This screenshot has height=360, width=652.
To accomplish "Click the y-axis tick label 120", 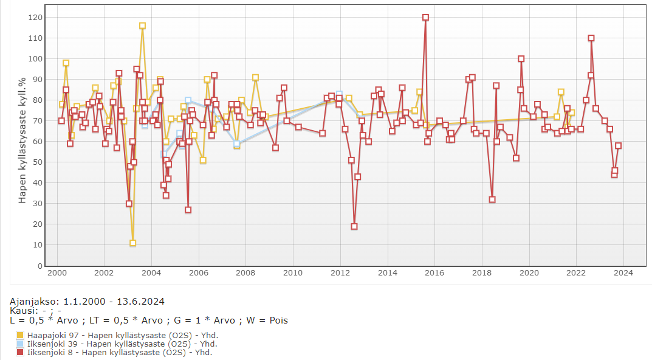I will (35, 17).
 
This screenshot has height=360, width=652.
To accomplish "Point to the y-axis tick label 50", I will (38, 162).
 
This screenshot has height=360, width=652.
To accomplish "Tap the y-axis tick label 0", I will (40, 266).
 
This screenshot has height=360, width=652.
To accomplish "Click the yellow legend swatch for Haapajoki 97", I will (20, 335).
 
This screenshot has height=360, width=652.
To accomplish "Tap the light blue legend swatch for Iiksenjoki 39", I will (20, 344).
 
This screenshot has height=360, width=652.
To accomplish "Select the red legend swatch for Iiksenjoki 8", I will (20, 352).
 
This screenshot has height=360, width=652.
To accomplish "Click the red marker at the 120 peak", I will (425, 18).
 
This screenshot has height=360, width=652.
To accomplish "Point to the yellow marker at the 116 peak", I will (142, 26).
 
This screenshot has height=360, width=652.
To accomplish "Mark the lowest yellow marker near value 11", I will (132, 243).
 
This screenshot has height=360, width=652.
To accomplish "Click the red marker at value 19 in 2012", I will (354, 226).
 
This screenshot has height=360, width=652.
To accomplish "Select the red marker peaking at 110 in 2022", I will (591, 38).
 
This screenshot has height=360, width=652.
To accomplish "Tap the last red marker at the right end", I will (618, 146).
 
